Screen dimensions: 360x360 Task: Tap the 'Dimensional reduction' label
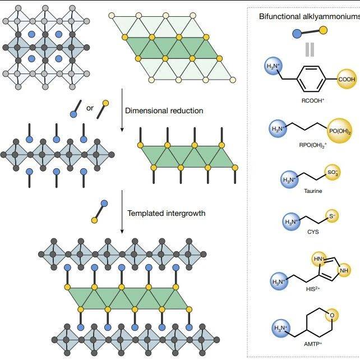point(164,111)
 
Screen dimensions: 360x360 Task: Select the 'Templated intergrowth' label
point(166,213)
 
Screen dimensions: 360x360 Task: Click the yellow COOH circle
point(345,80)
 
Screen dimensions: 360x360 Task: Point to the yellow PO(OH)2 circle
point(341,131)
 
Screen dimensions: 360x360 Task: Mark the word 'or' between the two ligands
point(90,108)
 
